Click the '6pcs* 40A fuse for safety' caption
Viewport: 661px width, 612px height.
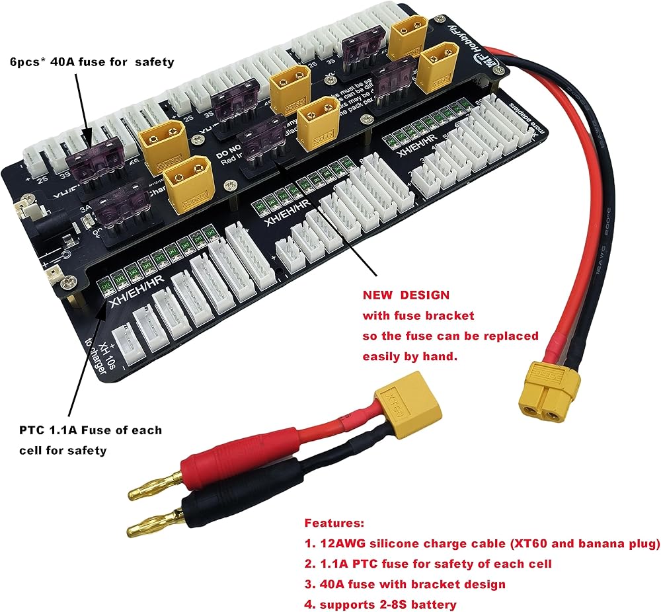93,62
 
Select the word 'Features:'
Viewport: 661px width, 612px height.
334,523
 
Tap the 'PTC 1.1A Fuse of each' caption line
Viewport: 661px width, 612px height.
90,430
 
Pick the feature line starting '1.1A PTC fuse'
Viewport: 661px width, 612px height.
428,563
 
